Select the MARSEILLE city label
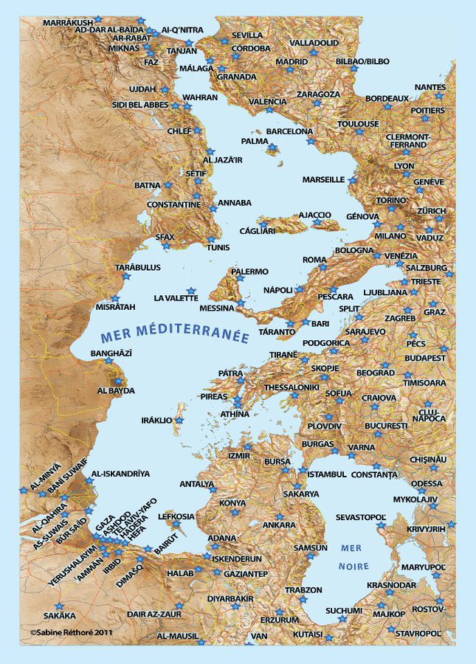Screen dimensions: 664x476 point(323,179)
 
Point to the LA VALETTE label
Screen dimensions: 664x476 point(176,298)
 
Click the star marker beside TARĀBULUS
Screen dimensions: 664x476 point(126,277)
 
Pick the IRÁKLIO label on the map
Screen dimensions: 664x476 point(156,420)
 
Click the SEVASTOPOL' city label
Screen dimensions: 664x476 point(362,517)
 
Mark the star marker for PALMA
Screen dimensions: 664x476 point(272,148)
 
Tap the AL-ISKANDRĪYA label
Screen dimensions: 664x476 point(120,473)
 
